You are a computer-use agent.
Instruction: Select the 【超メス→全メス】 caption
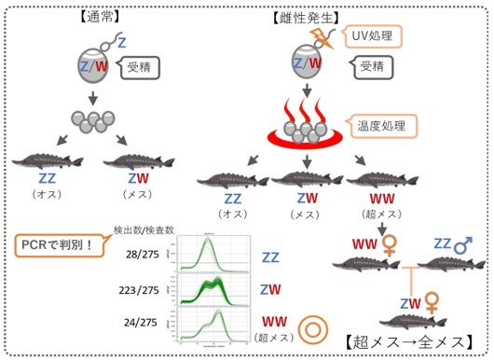[x=408, y=341]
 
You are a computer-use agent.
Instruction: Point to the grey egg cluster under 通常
[x=90, y=122]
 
